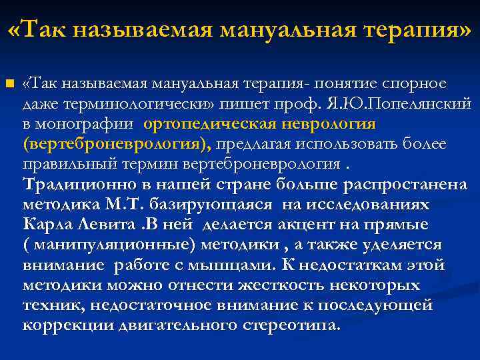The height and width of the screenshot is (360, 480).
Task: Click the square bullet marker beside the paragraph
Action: (9, 83)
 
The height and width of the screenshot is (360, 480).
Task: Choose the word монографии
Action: (86, 125)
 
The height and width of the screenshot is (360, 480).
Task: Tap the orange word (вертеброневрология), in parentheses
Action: (117, 145)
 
